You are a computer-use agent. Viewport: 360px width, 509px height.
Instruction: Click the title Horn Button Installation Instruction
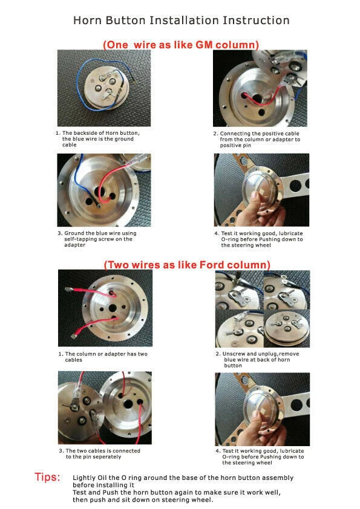pos(181,21)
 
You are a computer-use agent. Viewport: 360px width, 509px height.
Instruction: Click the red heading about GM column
pos(181,45)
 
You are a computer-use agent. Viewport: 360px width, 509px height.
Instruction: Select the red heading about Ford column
pos(187,265)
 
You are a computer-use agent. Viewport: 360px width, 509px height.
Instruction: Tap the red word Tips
pos(47,478)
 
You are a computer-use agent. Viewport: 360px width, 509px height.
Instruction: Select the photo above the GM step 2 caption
pos(261,88)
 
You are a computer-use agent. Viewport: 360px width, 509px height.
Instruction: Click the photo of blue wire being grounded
pos(103,189)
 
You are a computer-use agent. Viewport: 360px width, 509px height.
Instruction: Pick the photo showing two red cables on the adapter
pos(105,308)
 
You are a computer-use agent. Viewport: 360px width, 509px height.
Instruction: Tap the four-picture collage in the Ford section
pos(262,308)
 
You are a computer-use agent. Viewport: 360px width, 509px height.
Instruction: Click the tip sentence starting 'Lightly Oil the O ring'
pos(183,481)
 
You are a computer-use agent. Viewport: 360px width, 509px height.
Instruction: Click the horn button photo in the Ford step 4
pos(261,409)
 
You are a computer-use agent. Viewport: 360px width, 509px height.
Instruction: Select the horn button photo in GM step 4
pos(261,189)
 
